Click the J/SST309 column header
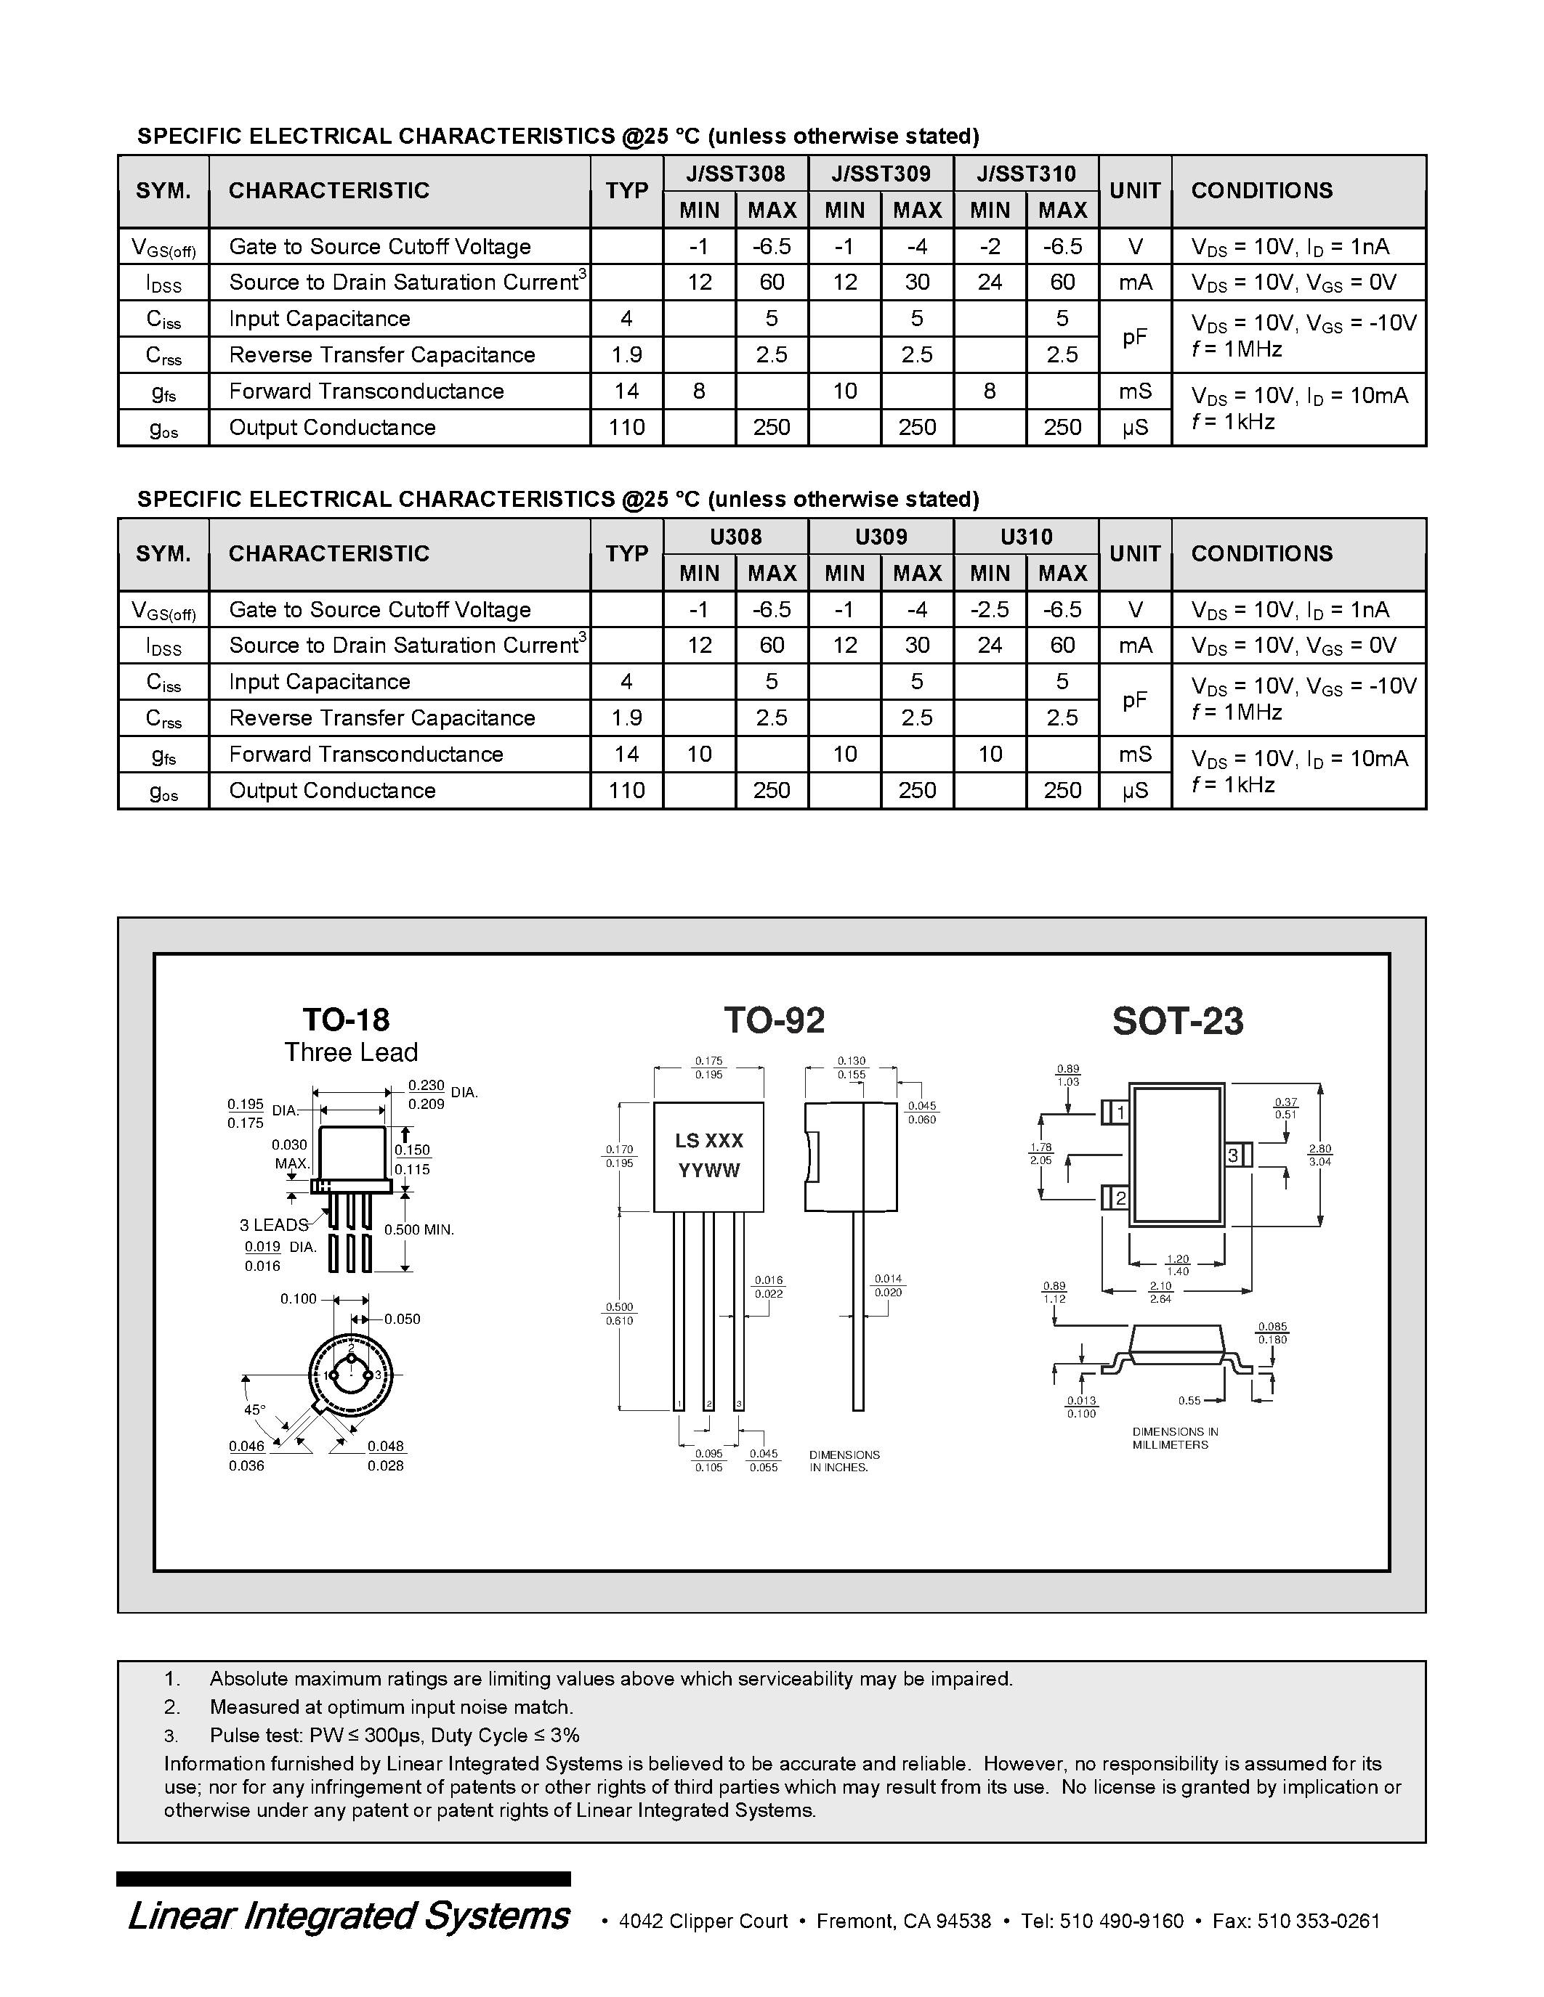click(x=881, y=174)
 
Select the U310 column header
click(x=1026, y=537)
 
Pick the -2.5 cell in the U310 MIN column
click(x=990, y=610)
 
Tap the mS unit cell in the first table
click(x=1134, y=391)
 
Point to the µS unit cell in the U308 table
click(x=1134, y=791)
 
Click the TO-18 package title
click(x=346, y=1020)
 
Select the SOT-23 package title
click(x=1177, y=1021)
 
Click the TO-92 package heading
click(x=774, y=1020)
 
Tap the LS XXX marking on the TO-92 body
click(x=709, y=1141)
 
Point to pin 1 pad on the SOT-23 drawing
click(x=1121, y=1113)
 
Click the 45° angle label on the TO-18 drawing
click(x=254, y=1410)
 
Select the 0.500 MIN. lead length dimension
click(x=419, y=1230)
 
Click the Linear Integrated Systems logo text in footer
click(x=349, y=1916)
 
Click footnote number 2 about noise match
click(x=172, y=1707)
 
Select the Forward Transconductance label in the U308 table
click(x=366, y=755)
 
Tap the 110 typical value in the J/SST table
click(x=626, y=428)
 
